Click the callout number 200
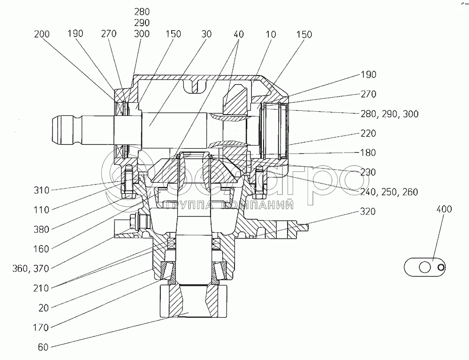pyautogui.click(x=42, y=34)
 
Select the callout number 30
pyautogui.click(x=206, y=34)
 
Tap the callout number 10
pyautogui.click(x=271, y=34)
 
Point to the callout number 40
pyautogui.click(x=239, y=34)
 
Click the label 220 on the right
pyautogui.click(x=368, y=133)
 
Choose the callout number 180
pyautogui.click(x=368, y=153)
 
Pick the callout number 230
pyautogui.click(x=368, y=172)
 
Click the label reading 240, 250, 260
pyautogui.click(x=389, y=192)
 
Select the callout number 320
pyautogui.click(x=368, y=212)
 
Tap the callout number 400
pyautogui.click(x=444, y=209)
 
